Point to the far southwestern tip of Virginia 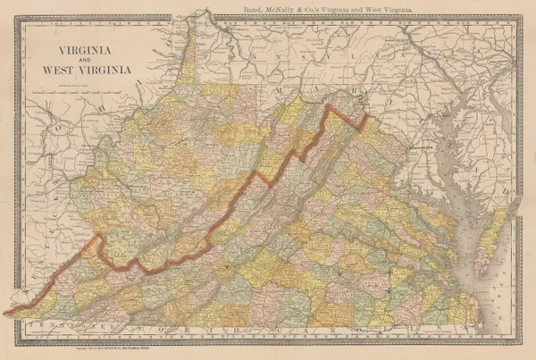click(11, 313)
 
